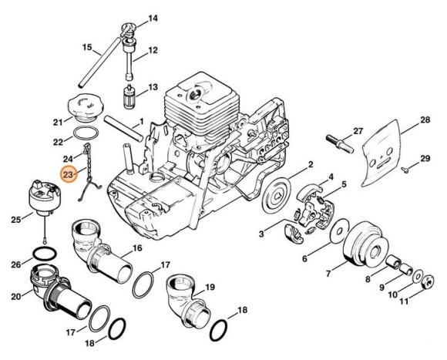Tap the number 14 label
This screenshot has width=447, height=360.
[x=152, y=18]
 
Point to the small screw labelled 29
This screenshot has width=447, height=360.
[x=405, y=167]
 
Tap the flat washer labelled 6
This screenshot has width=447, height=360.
[x=336, y=230]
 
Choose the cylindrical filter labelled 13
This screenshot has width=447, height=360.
[x=129, y=100]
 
